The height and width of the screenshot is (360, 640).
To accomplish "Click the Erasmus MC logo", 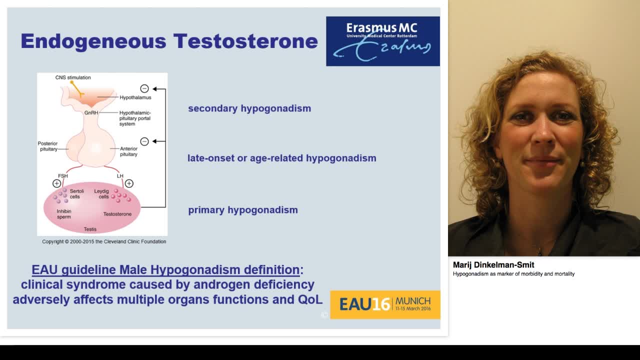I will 383,41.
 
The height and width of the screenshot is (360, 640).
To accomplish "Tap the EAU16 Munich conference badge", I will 385,304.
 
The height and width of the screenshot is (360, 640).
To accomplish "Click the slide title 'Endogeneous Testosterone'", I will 169,41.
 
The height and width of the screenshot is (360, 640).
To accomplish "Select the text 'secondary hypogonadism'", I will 249,108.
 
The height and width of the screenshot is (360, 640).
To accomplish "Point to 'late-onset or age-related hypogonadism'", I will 281,158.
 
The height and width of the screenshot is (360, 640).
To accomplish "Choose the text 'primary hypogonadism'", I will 243,210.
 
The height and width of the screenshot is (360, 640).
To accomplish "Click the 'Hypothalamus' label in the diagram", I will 135,97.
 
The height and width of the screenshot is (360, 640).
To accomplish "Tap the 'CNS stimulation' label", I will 73,77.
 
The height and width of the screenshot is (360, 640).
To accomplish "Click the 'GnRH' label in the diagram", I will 91,113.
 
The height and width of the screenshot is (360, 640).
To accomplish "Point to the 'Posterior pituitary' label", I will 48,146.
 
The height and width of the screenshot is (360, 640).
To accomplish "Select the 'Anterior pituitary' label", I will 128,151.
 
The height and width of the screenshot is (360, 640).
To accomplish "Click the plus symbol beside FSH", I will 56,183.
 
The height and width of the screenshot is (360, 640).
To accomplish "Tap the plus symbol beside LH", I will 129,183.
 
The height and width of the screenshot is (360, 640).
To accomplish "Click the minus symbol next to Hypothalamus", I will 144,88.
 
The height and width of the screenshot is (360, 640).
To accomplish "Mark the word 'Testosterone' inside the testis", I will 117,214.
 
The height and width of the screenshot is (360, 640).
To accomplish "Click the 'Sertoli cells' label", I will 76,194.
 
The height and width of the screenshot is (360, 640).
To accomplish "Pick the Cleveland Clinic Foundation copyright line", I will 104,241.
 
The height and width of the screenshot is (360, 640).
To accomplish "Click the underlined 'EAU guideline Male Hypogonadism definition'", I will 165,270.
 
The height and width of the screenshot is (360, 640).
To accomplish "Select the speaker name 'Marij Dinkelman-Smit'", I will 493,265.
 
